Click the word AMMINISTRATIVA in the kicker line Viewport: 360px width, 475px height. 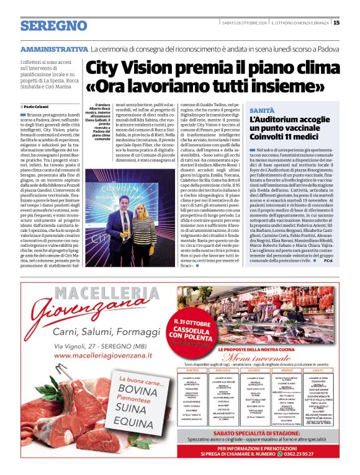54,48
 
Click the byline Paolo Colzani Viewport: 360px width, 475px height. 39,107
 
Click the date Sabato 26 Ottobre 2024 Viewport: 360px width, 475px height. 244,23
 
